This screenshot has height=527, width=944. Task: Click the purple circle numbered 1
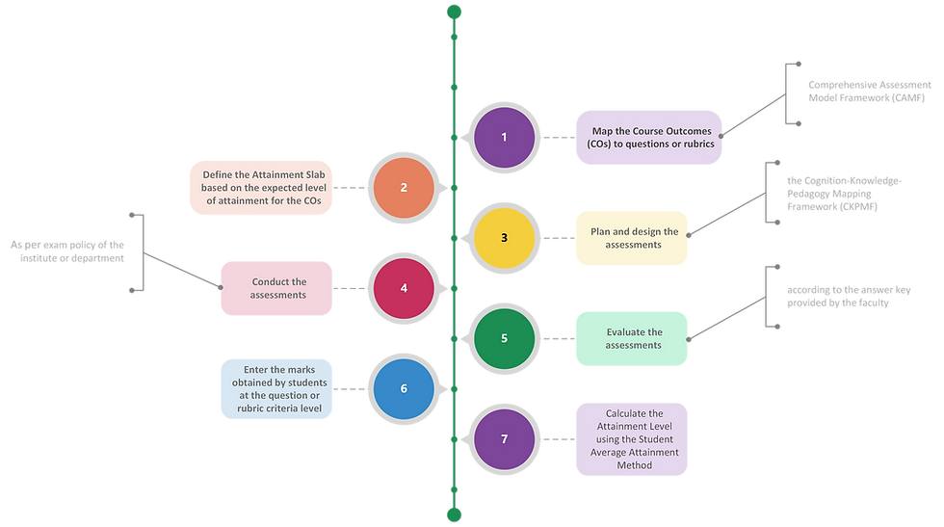(504, 137)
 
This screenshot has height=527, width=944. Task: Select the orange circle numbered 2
(404, 187)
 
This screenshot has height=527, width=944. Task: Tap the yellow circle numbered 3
(504, 237)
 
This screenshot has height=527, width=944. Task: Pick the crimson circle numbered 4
(404, 288)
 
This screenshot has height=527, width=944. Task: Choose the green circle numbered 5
(504, 338)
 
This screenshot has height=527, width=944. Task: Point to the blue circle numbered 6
(404, 388)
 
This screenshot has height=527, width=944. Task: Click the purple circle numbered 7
(504, 439)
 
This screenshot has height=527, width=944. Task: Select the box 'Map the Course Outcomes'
(648, 137)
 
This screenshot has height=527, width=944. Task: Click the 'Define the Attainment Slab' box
(262, 187)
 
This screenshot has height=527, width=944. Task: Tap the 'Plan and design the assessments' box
(633, 237)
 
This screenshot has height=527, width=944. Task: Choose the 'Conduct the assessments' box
(278, 288)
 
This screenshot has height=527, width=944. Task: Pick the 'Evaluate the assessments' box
(633, 338)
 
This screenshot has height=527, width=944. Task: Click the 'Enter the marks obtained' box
(276, 388)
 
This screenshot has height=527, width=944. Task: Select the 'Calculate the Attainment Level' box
(632, 439)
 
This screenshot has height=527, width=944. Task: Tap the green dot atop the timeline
(454, 12)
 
